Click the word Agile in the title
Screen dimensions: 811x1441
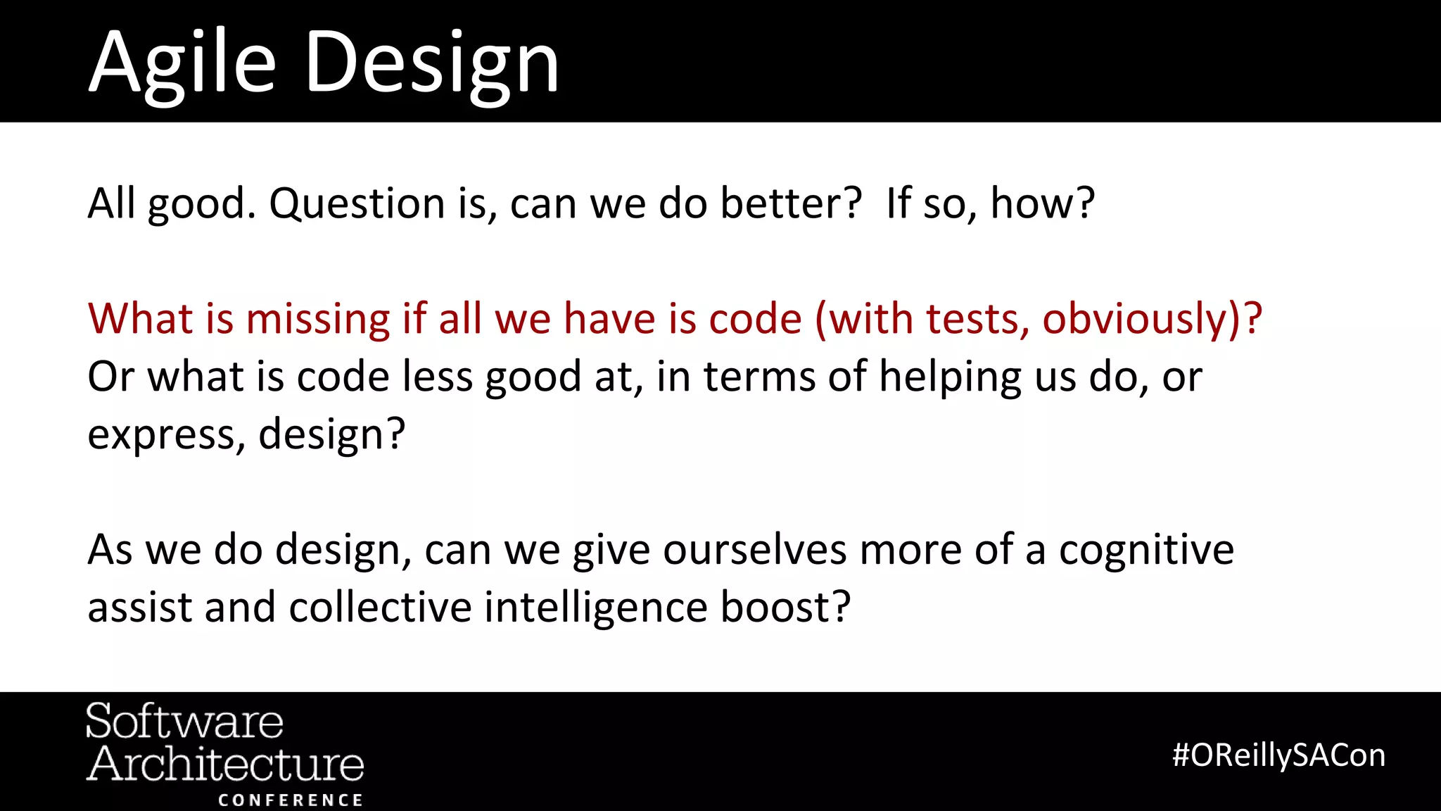(182, 63)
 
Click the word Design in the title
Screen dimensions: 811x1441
(432, 63)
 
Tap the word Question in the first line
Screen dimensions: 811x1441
(357, 204)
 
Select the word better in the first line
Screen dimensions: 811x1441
(791, 204)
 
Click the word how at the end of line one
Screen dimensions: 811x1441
(1041, 204)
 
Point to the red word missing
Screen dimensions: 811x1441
(317, 319)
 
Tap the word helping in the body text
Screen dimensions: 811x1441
(950, 377)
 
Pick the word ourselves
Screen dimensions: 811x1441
(754, 550)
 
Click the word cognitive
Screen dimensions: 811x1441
(1146, 550)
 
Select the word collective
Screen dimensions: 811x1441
(380, 608)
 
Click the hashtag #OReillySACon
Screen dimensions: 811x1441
(1278, 755)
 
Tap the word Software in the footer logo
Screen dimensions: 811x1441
(184, 722)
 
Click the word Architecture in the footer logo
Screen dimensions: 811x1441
(224, 765)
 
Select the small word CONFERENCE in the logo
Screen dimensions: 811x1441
(290, 800)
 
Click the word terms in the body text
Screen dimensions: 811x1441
(759, 377)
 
